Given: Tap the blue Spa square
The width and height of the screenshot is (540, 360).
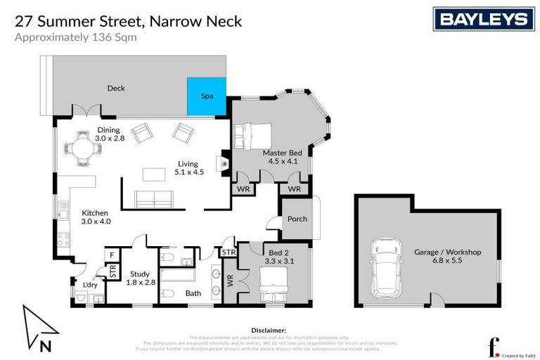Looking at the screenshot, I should coord(207,96).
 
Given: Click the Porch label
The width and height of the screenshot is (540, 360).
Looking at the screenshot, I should coord(297,219).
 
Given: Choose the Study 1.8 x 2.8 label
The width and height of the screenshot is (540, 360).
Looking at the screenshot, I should coord(139,278).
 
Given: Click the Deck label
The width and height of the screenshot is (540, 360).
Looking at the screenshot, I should coord(116,89).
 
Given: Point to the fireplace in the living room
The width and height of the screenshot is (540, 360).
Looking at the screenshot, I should coord(224,162).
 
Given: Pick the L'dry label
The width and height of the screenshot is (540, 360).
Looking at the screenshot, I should coord(90,285).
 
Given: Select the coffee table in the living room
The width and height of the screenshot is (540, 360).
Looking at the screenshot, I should coord(153,173).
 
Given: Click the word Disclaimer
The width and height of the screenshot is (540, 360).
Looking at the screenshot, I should coord(269,330).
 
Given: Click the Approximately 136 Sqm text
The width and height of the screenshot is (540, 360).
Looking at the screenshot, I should coord(76,38).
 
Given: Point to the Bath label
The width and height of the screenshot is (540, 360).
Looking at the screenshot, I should coord(193,293).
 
